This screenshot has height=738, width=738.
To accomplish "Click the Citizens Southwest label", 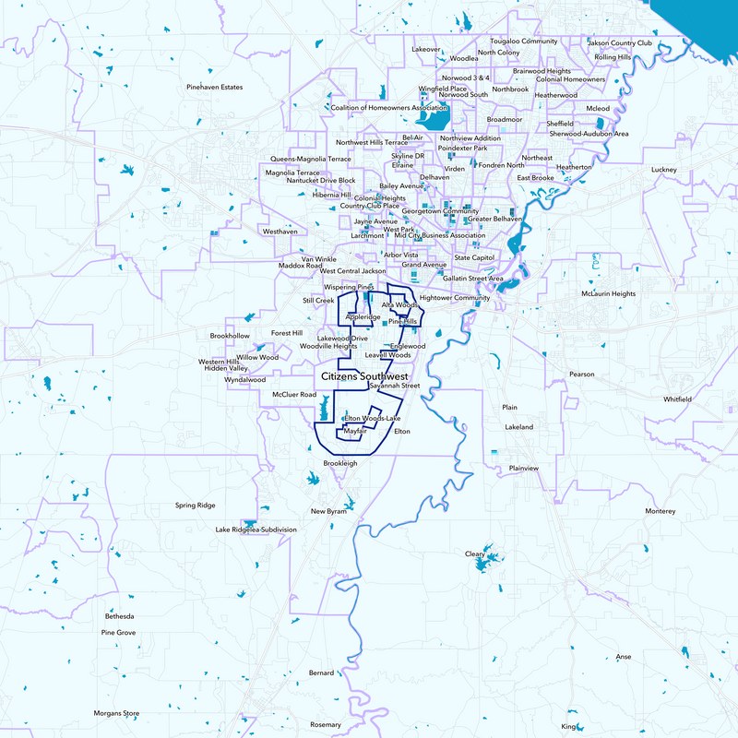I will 364,376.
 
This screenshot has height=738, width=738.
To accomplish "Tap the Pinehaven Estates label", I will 214,88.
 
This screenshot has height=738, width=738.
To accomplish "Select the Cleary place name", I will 474,553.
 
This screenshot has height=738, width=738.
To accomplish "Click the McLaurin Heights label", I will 608,293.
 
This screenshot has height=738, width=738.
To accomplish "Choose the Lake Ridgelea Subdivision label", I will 256,530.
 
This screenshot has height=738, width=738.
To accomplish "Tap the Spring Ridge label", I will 195,506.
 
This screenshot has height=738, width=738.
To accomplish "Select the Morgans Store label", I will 116,713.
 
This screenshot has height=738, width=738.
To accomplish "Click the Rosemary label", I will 326,724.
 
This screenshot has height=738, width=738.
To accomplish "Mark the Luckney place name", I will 663,170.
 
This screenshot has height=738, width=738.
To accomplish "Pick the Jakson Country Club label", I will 619,42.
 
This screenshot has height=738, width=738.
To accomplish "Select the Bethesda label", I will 120,615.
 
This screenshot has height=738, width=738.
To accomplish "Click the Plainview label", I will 523,468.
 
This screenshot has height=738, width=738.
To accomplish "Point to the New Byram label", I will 327,511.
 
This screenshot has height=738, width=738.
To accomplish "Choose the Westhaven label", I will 280,232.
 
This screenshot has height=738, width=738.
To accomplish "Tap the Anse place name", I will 624,657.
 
